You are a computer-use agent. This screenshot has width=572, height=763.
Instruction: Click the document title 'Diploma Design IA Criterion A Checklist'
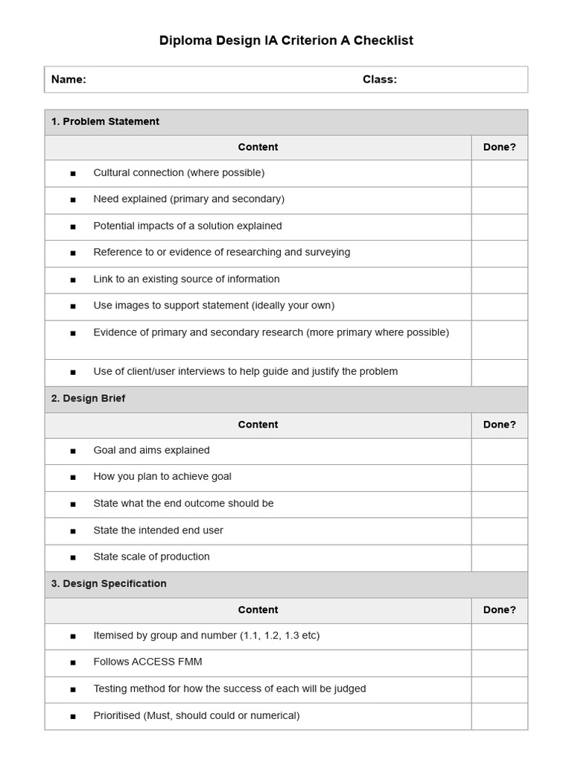coord(286,40)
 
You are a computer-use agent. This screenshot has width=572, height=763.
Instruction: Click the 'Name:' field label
coord(69,80)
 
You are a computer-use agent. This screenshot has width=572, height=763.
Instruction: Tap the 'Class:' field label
coord(380,80)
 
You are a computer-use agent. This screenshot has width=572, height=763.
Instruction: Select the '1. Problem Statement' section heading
coord(105,121)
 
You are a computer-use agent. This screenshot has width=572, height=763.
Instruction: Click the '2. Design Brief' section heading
coord(88,399)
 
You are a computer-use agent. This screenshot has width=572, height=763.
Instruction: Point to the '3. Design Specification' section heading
coord(109,583)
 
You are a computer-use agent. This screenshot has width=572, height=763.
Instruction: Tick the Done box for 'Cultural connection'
coord(499,173)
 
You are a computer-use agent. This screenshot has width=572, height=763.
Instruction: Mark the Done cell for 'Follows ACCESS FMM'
coord(499,662)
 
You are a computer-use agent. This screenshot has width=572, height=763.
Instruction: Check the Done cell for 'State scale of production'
coord(499,557)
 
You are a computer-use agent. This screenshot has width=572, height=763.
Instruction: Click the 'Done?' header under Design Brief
coord(499,425)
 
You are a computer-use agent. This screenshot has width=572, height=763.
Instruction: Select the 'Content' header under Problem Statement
coord(258,148)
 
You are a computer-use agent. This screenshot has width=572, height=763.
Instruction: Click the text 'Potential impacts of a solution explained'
coord(188,226)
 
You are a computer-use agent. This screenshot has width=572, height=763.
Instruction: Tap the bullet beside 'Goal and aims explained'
coord(73,451)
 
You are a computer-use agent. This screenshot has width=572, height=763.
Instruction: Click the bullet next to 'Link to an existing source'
coord(73,280)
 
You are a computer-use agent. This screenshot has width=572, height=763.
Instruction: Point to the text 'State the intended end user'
coord(158,531)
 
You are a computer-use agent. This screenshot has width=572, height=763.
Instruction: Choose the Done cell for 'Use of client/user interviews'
coord(499,373)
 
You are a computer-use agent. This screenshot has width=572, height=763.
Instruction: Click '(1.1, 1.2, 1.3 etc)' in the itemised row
coord(279,636)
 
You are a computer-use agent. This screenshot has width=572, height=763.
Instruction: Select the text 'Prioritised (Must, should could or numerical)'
coord(197,716)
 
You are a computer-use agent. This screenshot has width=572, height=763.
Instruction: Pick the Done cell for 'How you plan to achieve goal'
coord(499,478)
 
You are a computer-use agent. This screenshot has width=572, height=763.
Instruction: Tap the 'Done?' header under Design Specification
coord(499,610)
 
